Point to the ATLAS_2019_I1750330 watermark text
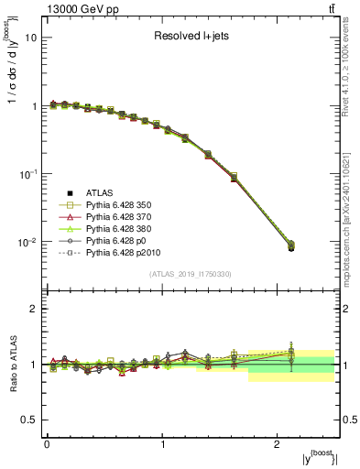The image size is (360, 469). coord(191,274)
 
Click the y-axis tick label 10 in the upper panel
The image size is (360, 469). coord(31,38)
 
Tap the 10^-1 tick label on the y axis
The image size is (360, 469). coord(27,174)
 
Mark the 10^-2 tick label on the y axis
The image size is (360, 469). coord(27,242)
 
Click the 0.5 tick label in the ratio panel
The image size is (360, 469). coord(29,420)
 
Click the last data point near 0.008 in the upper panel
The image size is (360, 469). coord(291,247)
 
